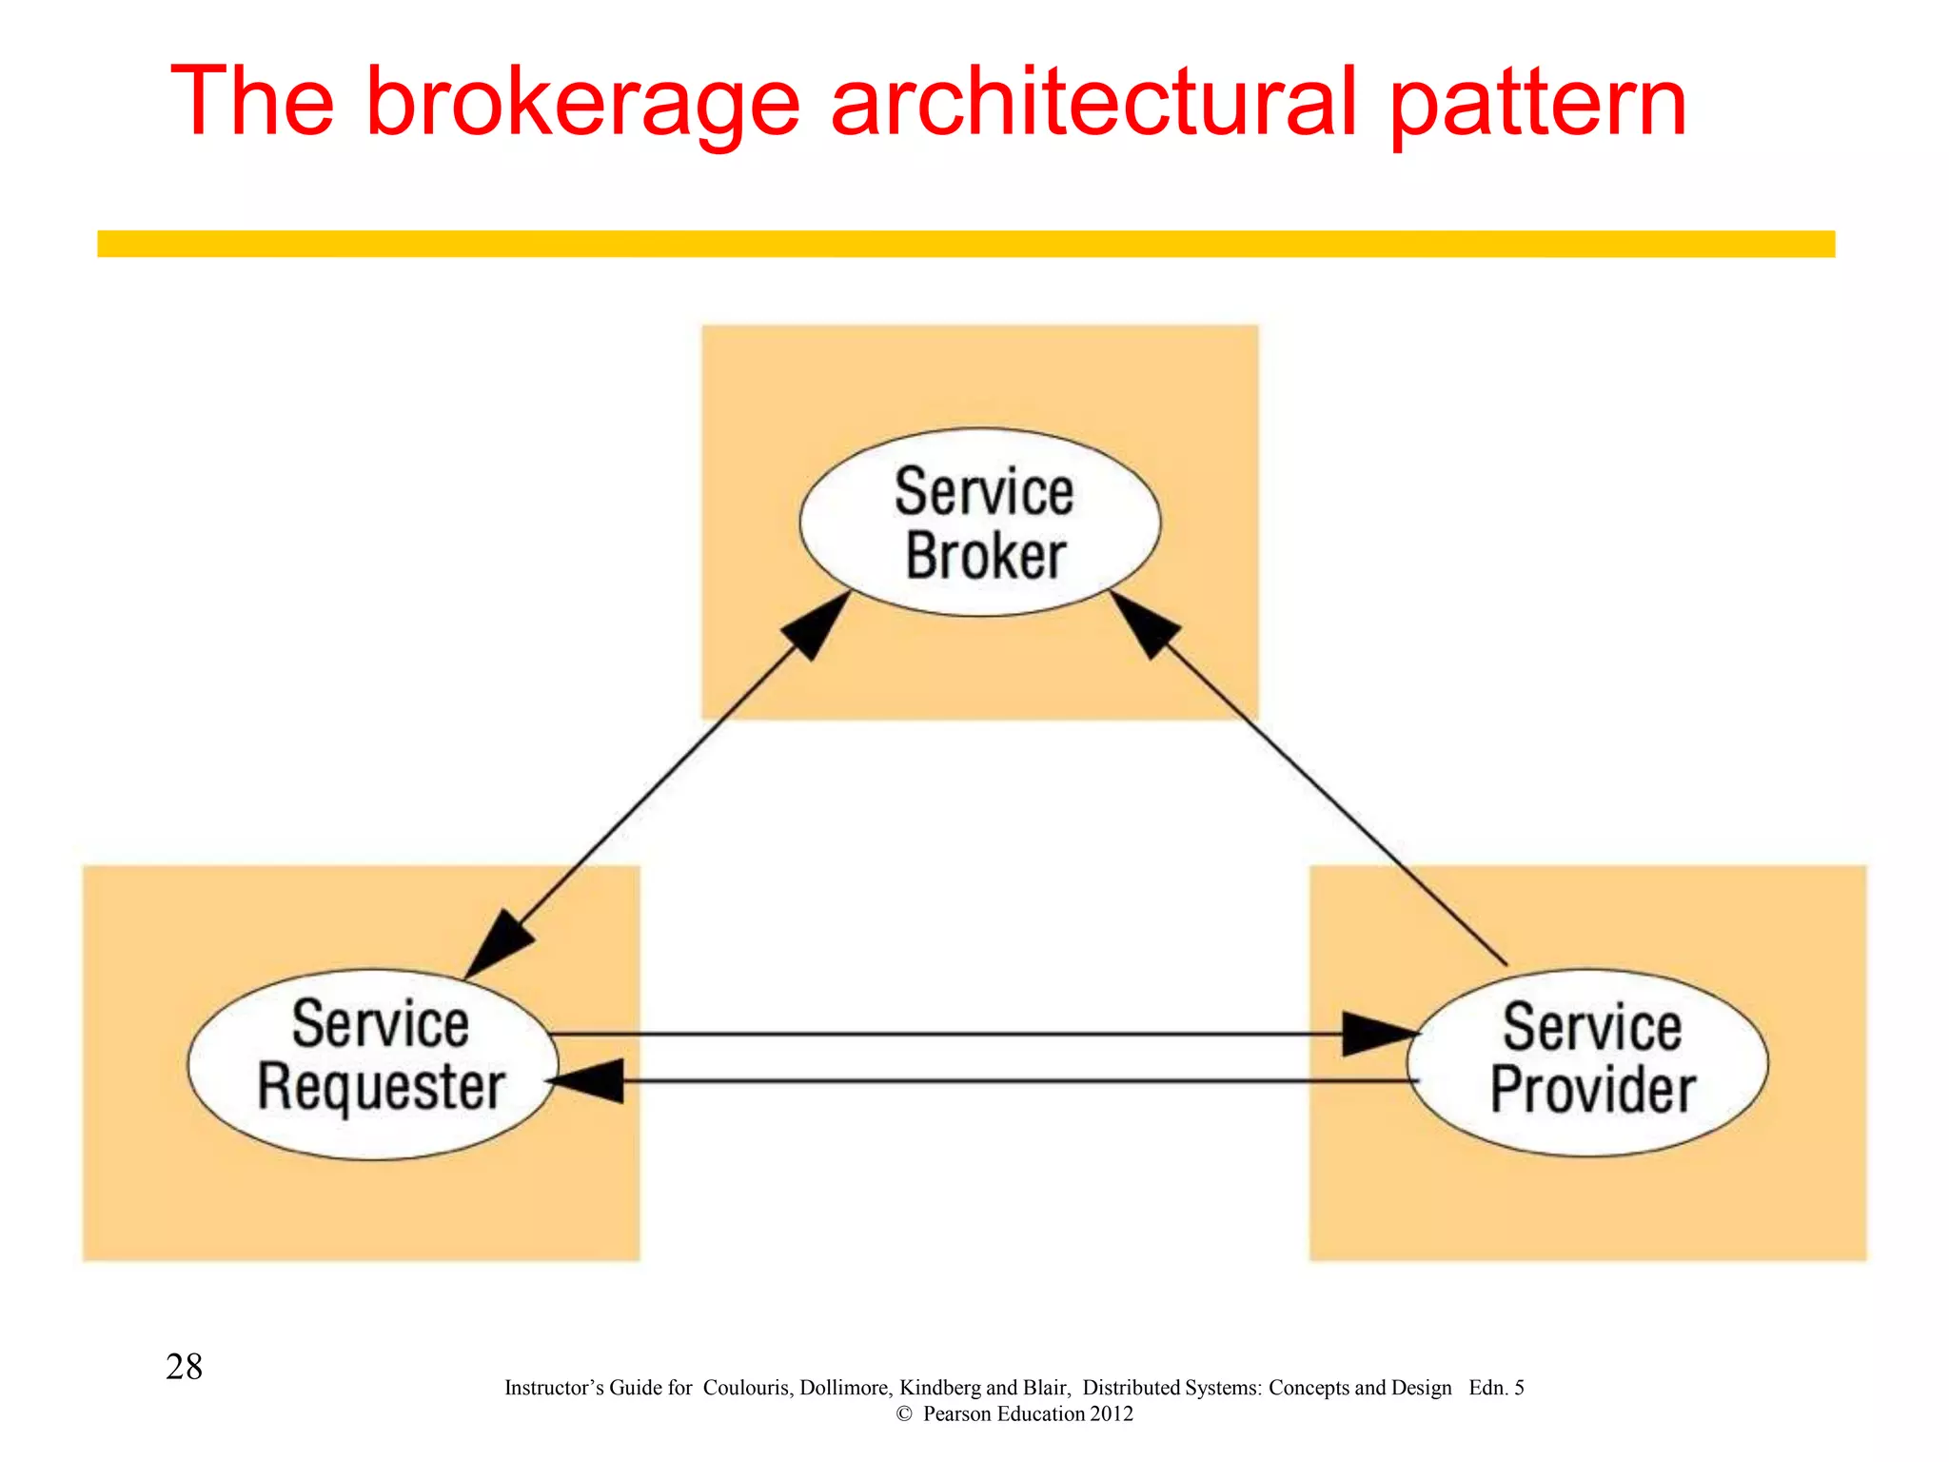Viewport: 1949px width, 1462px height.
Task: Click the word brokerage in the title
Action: (x=582, y=103)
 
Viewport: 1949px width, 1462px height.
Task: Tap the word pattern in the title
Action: (x=1538, y=103)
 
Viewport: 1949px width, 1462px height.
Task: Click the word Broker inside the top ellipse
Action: (x=985, y=556)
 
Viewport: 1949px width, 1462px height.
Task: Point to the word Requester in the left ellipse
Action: (x=381, y=1087)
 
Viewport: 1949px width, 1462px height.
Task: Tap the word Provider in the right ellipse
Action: (x=1592, y=1090)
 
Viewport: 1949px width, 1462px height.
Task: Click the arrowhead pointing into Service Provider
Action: (x=1375, y=1034)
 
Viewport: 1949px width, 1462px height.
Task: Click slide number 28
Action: (x=184, y=1367)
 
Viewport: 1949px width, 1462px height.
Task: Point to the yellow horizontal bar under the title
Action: (x=965, y=244)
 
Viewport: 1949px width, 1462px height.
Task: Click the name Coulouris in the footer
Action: (x=745, y=1388)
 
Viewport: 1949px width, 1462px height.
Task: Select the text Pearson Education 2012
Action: (x=1028, y=1414)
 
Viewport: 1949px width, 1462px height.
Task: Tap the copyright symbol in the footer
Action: (x=904, y=1414)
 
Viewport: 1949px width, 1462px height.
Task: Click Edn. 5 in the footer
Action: (x=1496, y=1388)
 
